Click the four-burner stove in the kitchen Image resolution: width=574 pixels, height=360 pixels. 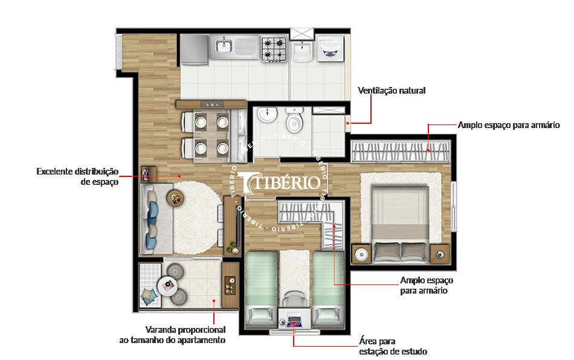click(x=274, y=49)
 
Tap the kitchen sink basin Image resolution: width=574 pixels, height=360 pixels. click(x=225, y=44)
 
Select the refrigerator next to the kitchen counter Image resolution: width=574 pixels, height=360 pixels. click(x=194, y=49)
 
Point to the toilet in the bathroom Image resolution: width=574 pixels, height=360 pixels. click(x=294, y=121)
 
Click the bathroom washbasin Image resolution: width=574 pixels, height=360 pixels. click(x=265, y=114)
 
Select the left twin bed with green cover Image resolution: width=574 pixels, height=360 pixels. click(x=261, y=287)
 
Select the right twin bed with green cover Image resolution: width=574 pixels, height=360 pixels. click(x=327, y=287)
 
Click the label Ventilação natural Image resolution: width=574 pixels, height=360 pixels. click(x=392, y=91)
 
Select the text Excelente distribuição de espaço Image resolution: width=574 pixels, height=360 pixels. click(x=77, y=176)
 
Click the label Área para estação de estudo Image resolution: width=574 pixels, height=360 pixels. click(x=393, y=346)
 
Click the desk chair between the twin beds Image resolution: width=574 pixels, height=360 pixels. click(x=294, y=298)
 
